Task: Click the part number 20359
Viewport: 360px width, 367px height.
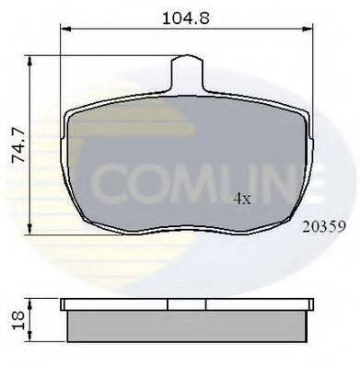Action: click(x=321, y=223)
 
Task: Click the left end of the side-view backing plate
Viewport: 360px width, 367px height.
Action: click(x=64, y=304)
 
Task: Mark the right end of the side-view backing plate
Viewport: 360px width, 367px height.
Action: click(x=311, y=304)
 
